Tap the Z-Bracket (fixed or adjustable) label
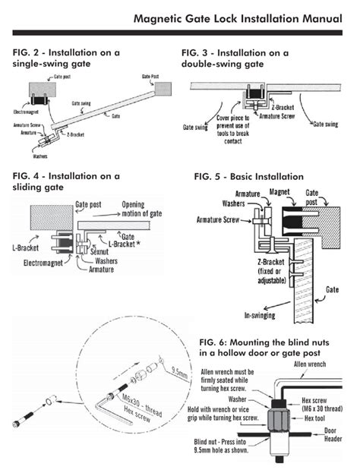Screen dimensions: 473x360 point(270,272)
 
